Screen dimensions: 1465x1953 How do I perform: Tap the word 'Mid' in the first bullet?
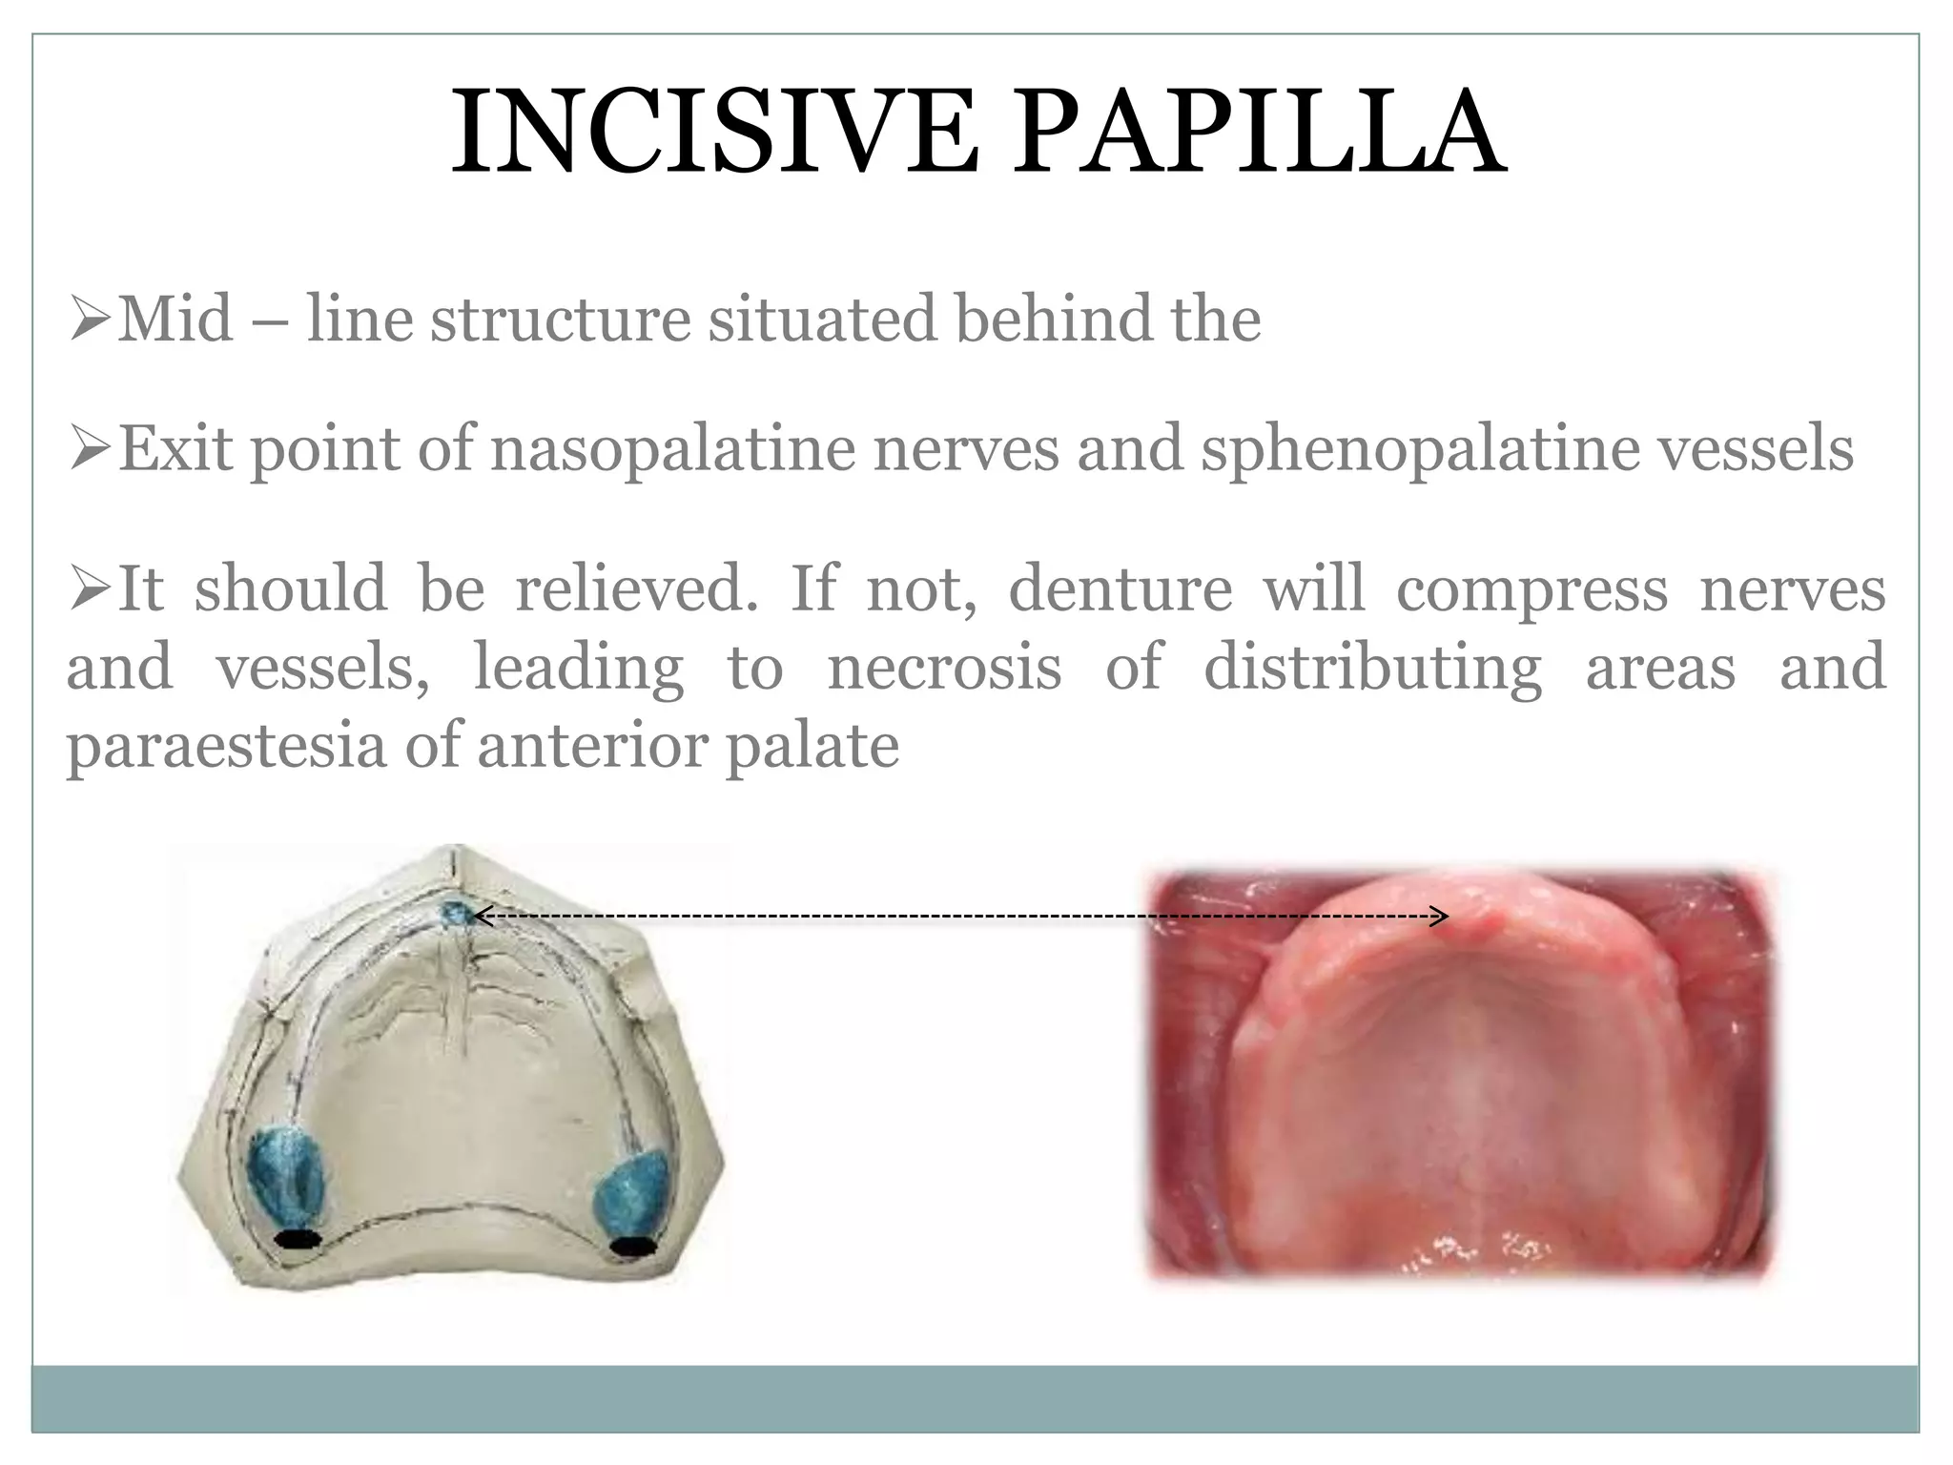tap(175, 319)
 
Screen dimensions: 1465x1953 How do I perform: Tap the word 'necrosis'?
tap(944, 667)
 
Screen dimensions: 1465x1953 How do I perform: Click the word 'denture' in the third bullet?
tap(1120, 588)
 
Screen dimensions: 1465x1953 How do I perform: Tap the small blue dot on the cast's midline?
tap(455, 914)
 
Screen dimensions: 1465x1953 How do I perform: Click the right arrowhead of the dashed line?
tap(1442, 917)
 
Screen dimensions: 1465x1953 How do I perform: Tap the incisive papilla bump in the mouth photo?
tap(1484, 919)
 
